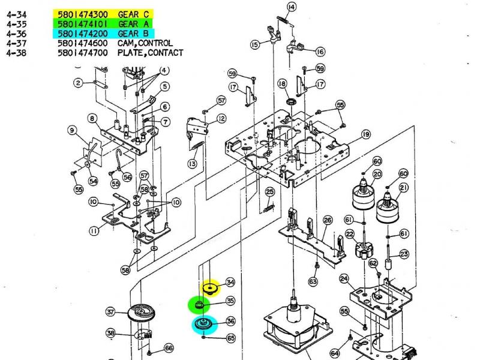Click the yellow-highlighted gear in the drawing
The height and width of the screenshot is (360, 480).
pos(211,289)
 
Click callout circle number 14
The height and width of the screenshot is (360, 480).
pos(291,7)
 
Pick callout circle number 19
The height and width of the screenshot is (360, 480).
pos(365,134)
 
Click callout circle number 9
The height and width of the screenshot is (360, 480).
pos(71,130)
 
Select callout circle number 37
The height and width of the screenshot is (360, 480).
pos(111,311)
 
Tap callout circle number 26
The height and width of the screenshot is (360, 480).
pos(328,221)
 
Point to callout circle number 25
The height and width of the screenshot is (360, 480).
pos(270,192)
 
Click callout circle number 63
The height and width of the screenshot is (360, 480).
pos(313,281)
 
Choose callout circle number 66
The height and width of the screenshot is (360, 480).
pos(169,348)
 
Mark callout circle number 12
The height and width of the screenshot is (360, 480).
pos(222,119)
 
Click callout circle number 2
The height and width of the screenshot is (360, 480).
pos(79,83)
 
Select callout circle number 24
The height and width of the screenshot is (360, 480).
pos(344,278)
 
